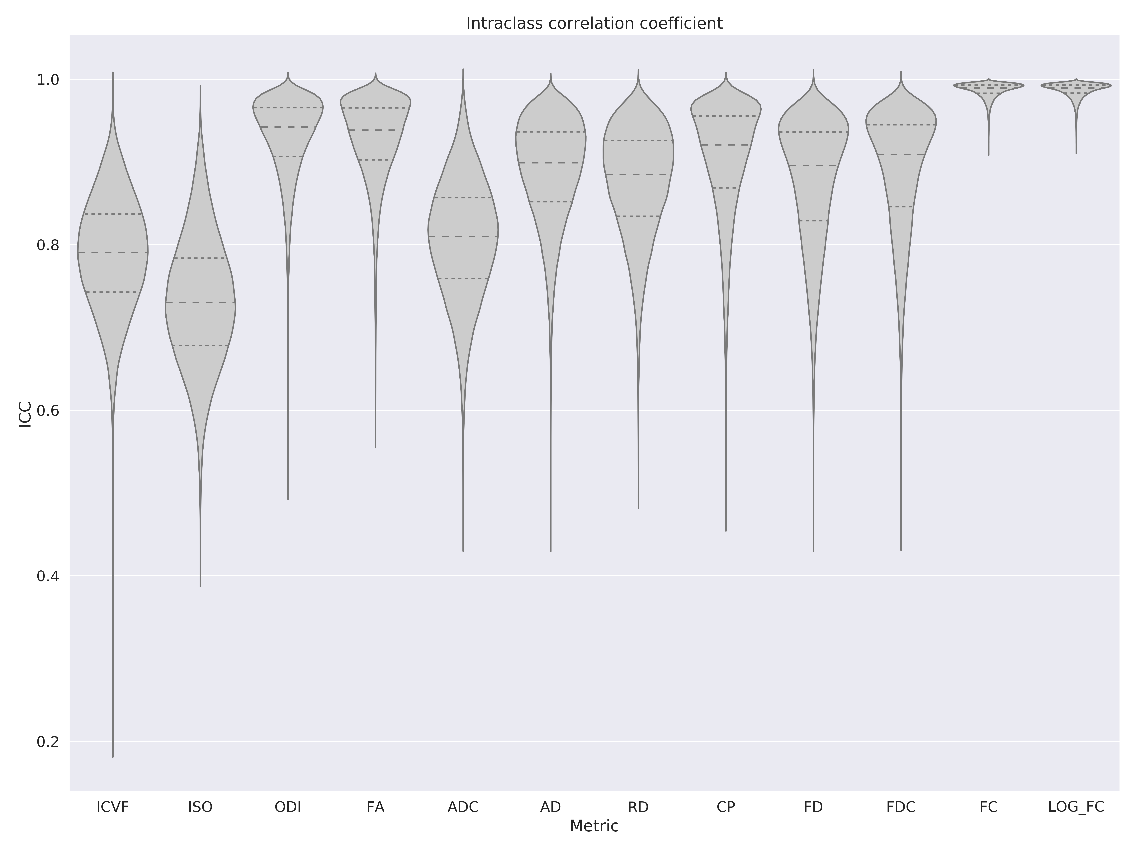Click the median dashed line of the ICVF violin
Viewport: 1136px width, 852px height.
click(112, 253)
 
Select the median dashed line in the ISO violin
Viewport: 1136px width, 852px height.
click(200, 302)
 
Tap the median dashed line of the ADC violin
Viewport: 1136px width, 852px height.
click(463, 236)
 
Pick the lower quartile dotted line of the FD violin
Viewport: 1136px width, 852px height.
click(813, 221)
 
